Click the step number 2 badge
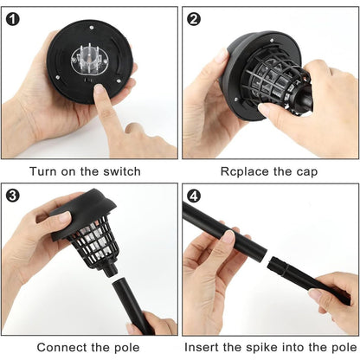[x=195, y=19]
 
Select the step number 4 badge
[x=195, y=194]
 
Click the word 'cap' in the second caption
[x=305, y=172]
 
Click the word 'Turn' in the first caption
[x=44, y=172]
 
